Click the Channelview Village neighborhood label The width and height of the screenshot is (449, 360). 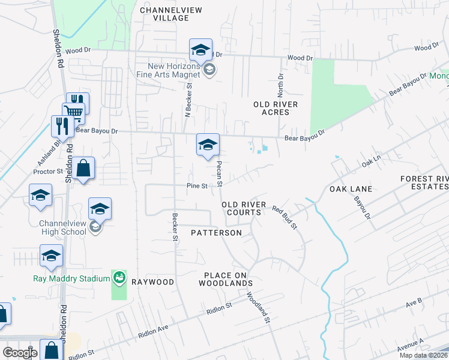[x=164, y=14]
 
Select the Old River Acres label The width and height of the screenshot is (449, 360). [x=271, y=108]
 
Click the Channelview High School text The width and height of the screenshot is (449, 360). [x=62, y=227]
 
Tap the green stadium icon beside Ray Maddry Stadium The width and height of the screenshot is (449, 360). [x=119, y=277]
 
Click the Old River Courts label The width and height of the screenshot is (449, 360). [x=243, y=208]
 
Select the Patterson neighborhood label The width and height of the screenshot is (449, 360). [x=216, y=232]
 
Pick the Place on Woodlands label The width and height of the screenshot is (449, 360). [x=228, y=278]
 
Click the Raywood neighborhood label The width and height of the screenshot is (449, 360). [x=152, y=281]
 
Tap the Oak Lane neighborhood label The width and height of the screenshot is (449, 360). [x=351, y=189]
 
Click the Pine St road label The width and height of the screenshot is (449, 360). [x=196, y=186]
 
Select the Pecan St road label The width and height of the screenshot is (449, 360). [x=220, y=173]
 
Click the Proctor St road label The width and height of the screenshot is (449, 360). [x=47, y=171]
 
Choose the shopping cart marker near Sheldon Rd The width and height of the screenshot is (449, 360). [x=74, y=111]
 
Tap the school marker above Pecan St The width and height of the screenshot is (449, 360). [x=208, y=145]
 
